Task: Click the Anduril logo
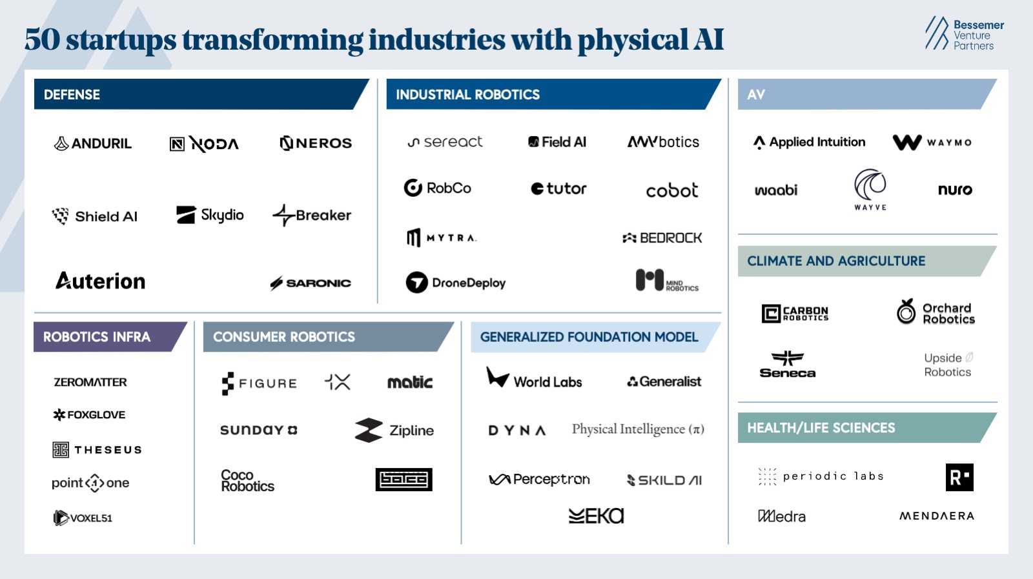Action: point(93,143)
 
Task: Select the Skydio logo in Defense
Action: point(210,215)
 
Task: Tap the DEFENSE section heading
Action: point(72,95)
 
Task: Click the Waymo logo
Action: point(932,142)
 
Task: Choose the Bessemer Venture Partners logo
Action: point(965,35)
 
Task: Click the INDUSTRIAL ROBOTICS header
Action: point(467,95)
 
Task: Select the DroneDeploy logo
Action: point(456,283)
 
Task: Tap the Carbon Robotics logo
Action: point(795,314)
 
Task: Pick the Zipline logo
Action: point(394,431)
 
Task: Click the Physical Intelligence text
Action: point(637,429)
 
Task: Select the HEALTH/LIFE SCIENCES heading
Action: point(821,428)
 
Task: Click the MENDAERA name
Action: point(936,516)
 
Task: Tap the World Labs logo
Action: point(535,379)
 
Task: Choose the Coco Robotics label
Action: point(247,481)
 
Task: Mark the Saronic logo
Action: point(311,283)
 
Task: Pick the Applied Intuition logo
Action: point(810,142)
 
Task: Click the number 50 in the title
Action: point(42,40)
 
